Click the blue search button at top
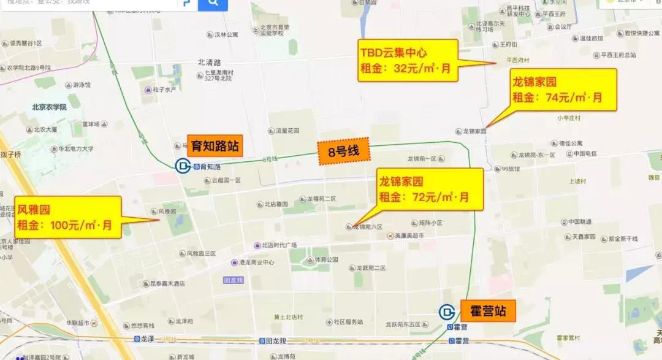point(213,4)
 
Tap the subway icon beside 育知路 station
point(183,166)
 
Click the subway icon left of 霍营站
point(447,312)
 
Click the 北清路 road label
point(208,62)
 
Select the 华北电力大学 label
point(75,148)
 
